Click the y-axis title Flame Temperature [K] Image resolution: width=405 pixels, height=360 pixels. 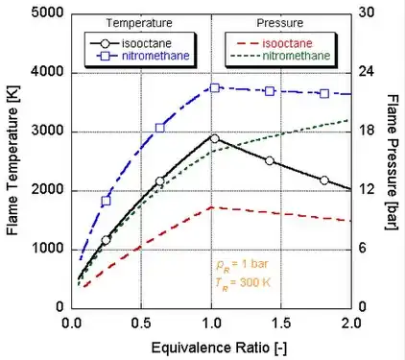(x=12, y=159)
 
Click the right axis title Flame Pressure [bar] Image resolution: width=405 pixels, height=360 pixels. (x=394, y=159)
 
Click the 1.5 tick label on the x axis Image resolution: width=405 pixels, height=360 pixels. (x=281, y=322)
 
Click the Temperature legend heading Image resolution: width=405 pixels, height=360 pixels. (x=140, y=22)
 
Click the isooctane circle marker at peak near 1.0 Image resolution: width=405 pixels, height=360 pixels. (x=214, y=138)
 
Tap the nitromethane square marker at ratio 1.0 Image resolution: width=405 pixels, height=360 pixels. (x=215, y=87)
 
